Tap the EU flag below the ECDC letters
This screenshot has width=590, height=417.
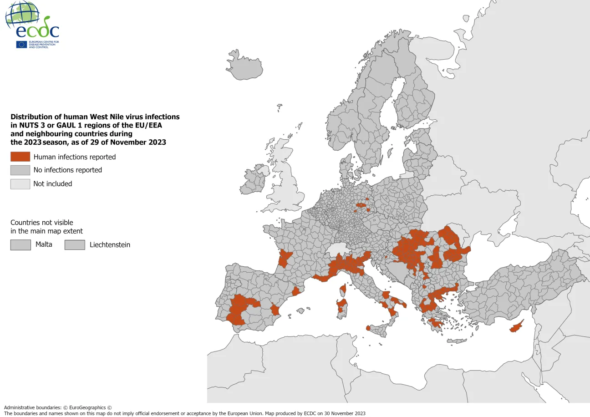point(21,44)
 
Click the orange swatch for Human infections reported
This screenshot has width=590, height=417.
point(20,157)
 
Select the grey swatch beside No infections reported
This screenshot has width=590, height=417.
point(20,170)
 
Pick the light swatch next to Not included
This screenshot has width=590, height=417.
point(20,184)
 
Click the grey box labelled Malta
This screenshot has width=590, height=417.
point(20,245)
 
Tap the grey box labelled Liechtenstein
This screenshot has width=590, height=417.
point(75,245)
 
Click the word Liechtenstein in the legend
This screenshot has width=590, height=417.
point(110,245)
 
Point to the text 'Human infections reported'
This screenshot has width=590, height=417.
point(75,157)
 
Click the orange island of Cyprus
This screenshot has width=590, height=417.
point(517,327)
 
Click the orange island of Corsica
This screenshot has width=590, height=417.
point(343,289)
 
